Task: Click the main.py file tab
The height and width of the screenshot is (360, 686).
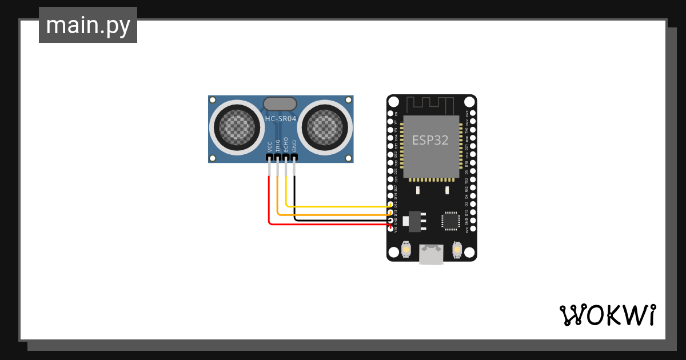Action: (88, 25)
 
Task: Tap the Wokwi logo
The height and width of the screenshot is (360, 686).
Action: (607, 315)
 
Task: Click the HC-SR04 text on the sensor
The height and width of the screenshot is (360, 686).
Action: (280, 119)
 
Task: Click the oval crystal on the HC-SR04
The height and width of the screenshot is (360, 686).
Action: (280, 103)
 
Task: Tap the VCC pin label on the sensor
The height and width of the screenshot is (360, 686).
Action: (269, 146)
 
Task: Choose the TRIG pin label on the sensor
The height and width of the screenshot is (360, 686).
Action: (278, 145)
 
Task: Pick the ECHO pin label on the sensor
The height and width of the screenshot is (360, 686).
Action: (286, 145)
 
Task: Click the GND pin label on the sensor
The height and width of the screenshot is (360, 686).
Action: (294, 145)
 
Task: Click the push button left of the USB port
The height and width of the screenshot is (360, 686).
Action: (406, 249)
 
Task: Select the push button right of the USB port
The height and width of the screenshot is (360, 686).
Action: (457, 249)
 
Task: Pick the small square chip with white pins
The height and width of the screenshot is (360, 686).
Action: (450, 220)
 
